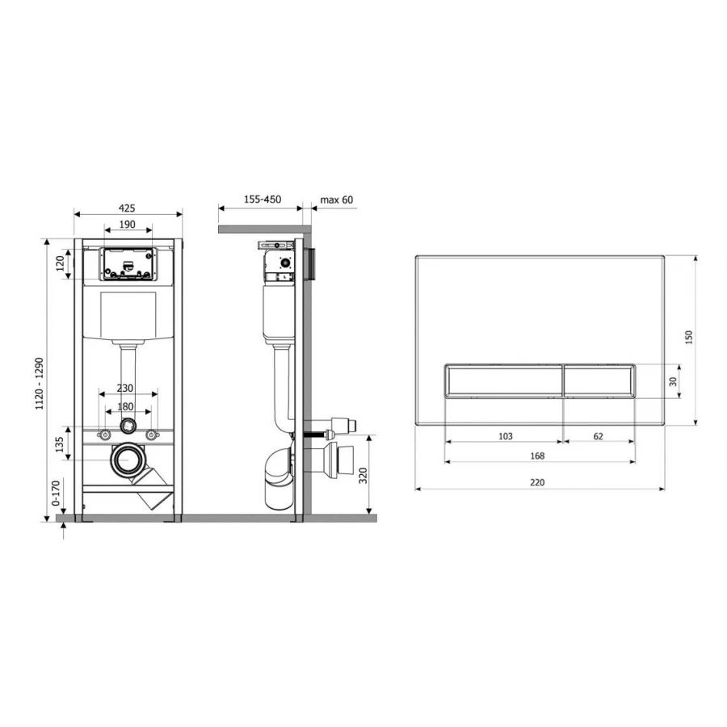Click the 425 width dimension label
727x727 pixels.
127,208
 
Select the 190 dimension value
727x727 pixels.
128,225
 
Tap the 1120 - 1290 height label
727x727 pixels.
40,384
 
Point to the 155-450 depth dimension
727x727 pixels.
263,200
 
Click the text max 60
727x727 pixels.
337,200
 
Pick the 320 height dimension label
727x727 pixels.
363,476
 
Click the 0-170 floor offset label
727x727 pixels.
56,493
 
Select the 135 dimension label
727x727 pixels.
59,444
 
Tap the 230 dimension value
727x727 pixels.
124,388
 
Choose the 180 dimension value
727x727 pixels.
125,406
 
